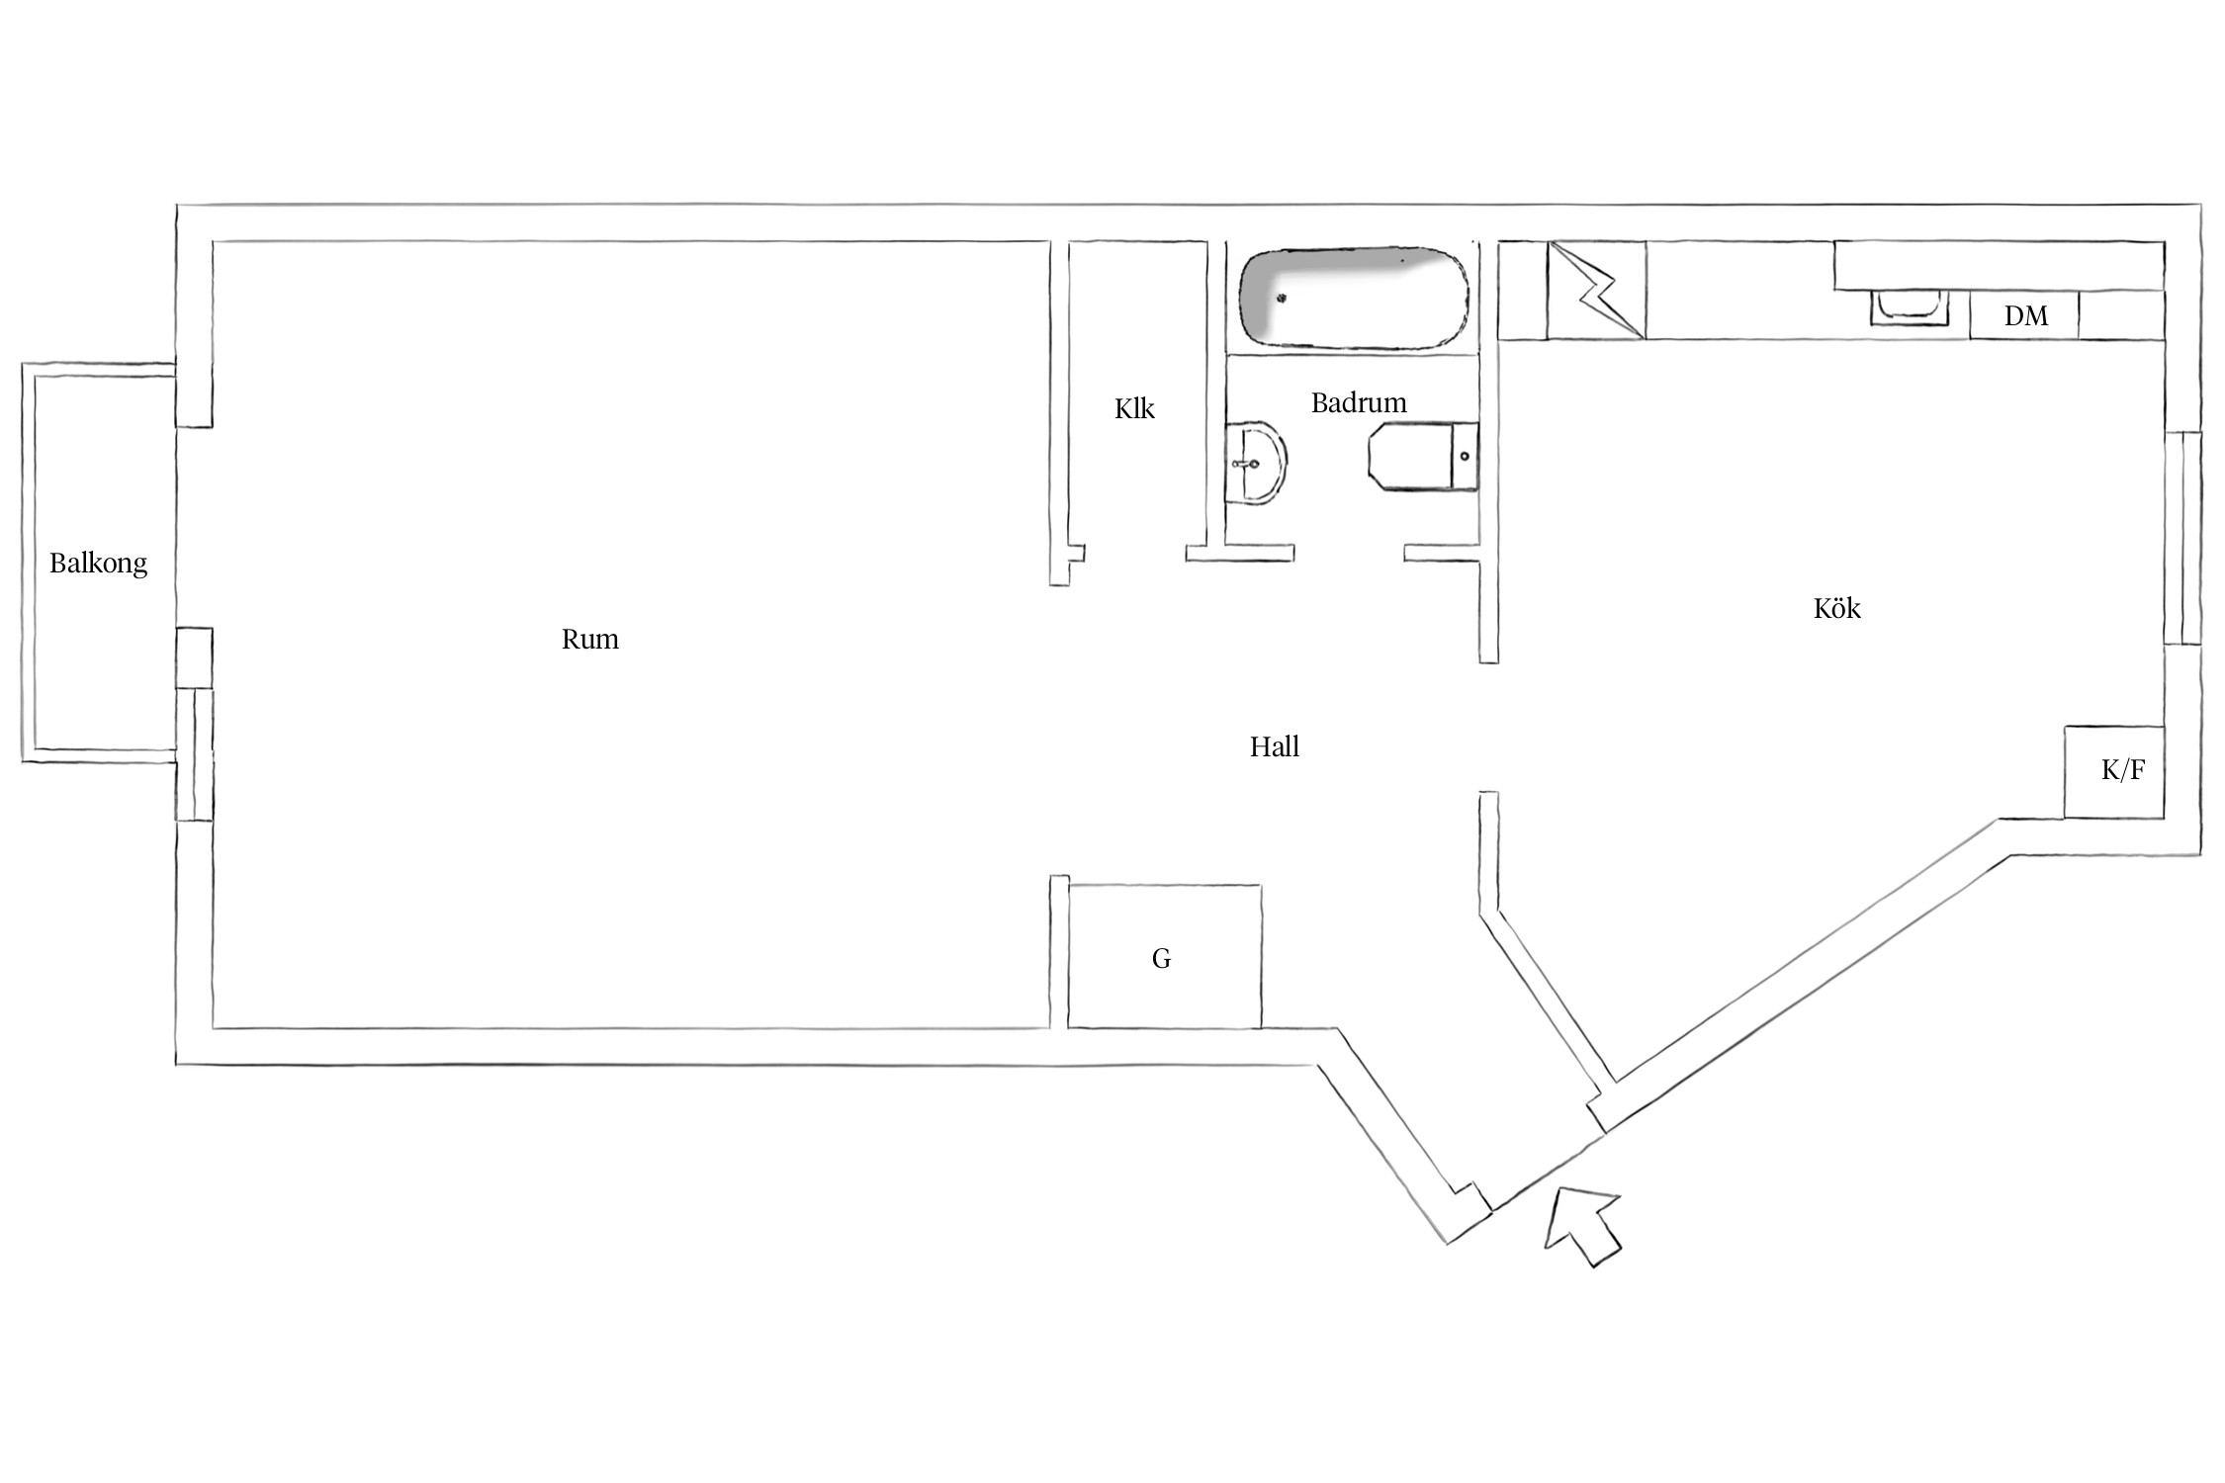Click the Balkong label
[98, 564]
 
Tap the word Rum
[590, 640]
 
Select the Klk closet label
[1134, 409]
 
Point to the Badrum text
[1359, 402]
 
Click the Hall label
[1275, 746]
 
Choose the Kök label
[1837, 607]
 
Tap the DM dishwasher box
[2024, 315]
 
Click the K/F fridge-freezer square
[2114, 772]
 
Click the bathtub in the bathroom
[1354, 298]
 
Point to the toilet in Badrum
[1423, 457]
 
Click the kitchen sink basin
[1910, 306]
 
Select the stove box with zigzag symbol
[1596, 290]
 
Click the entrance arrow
[1583, 1225]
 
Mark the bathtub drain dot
[1282, 299]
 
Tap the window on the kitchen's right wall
[2182, 538]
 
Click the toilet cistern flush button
[1466, 456]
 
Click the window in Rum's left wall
[195, 753]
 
